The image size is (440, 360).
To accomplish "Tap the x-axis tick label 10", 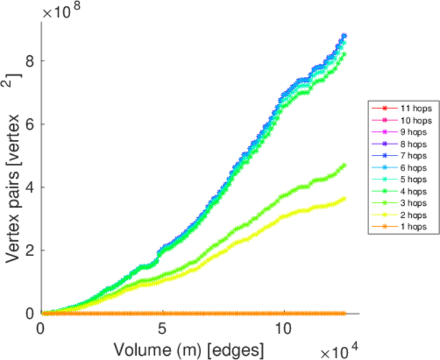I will (283, 329).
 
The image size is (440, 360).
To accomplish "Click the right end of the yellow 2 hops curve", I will (344, 199).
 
